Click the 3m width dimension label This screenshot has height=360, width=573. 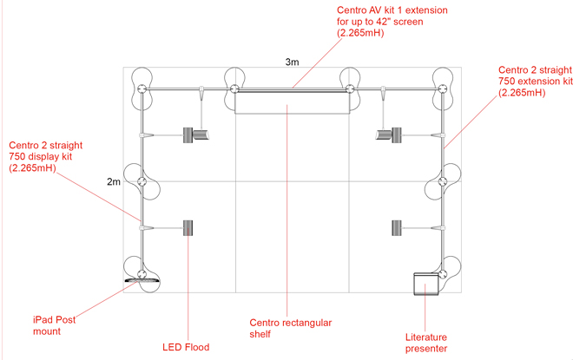tap(293, 62)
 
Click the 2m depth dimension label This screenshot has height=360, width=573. tap(114, 182)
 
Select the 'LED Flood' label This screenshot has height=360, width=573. tap(186, 347)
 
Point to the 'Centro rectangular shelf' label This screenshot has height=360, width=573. tap(290, 328)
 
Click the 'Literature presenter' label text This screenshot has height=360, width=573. tap(426, 343)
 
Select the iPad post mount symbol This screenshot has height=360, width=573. tap(142, 280)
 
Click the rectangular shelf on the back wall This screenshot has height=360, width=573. tap(293, 102)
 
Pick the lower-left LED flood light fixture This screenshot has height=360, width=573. tap(188, 227)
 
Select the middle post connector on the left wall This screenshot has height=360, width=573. tap(142, 181)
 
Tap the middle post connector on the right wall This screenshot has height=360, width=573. tap(443, 182)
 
